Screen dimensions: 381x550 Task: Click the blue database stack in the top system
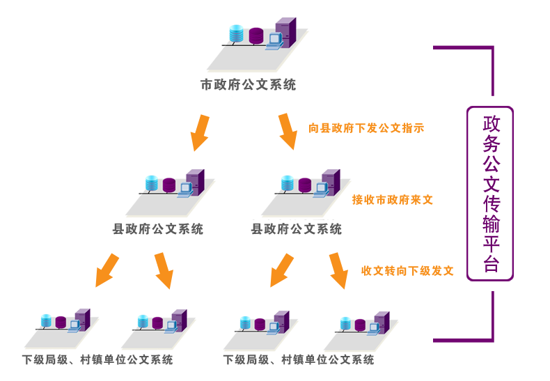coord(234,33)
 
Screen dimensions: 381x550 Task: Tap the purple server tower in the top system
coord(290,32)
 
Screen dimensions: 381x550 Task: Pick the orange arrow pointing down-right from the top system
coord(287,131)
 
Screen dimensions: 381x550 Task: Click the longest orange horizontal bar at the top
coord(366,127)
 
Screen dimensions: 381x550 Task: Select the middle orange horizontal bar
coord(393,200)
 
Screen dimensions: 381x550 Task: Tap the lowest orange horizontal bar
coord(407,270)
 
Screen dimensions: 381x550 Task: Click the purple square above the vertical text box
coord(464,70)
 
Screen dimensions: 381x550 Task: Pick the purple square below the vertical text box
coord(464,316)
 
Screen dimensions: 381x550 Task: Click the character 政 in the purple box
coord(491,123)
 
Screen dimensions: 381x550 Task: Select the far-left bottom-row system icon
coord(61,328)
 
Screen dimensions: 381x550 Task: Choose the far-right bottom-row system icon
coord(361,330)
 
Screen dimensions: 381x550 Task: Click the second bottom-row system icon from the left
coord(158,328)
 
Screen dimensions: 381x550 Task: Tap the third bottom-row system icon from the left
coord(260,330)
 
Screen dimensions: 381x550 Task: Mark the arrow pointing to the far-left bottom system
coord(106,270)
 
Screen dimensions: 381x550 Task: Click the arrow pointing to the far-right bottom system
coord(338,270)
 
